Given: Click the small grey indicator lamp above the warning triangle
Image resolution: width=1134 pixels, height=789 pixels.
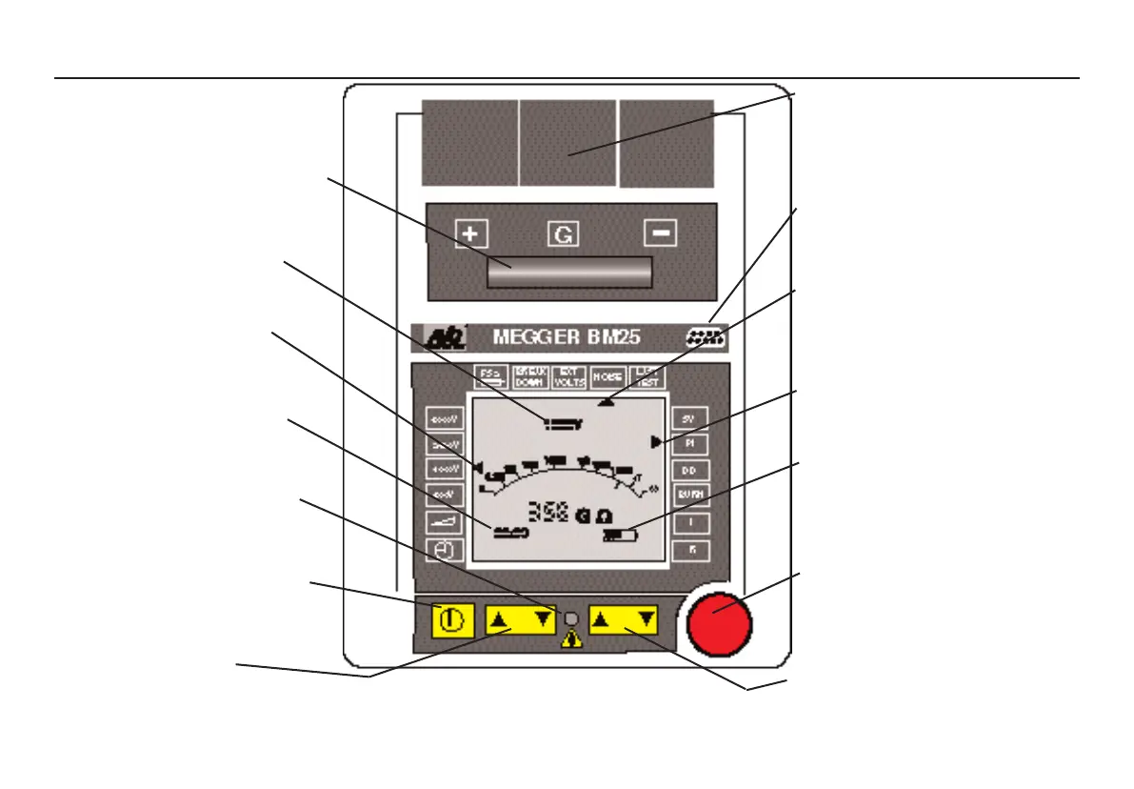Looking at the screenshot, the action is (571, 618).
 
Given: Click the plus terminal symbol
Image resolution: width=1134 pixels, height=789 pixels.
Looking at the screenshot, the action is (469, 233).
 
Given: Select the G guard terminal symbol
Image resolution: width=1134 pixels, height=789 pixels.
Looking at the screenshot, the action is (563, 233).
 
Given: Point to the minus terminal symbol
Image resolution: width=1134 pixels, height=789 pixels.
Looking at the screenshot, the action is (659, 233).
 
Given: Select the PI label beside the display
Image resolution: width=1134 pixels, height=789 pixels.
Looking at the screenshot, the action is (690, 443).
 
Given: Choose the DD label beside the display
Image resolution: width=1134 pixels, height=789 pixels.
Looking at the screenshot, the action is (690, 470).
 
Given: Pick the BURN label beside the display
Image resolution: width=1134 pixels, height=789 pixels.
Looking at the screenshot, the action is (690, 496).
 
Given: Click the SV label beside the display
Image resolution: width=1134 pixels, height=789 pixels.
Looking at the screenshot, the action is (690, 417).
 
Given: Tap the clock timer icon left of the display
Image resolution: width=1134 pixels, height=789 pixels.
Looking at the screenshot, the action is (444, 550).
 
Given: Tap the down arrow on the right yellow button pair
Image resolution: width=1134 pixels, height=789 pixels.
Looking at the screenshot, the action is (646, 620).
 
